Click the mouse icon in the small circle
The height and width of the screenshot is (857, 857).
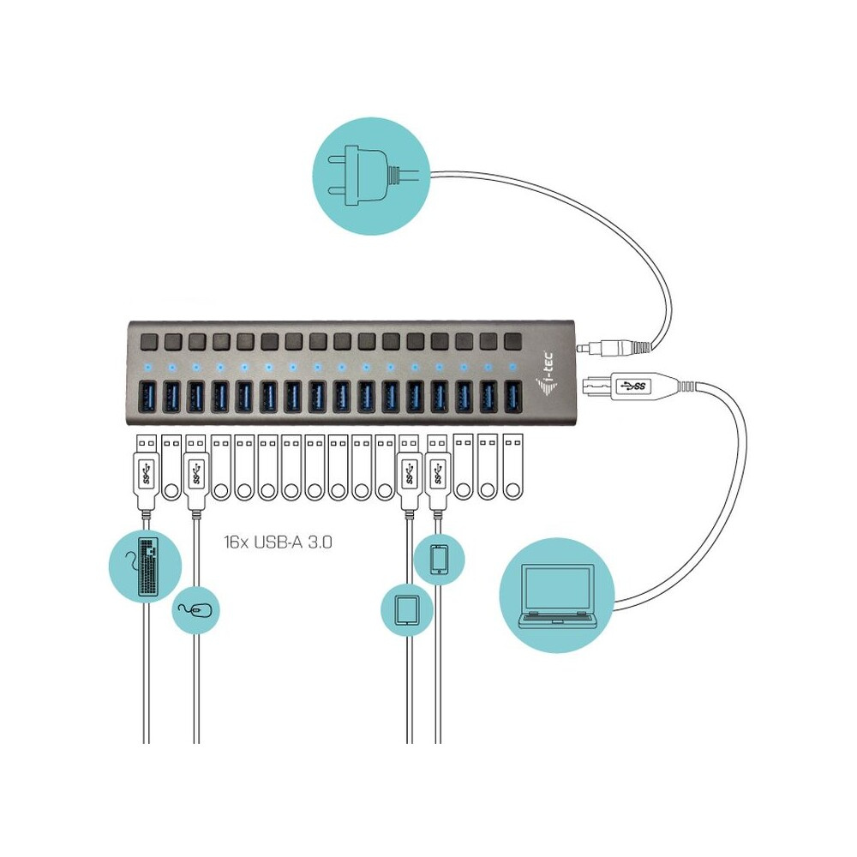tap(198, 609)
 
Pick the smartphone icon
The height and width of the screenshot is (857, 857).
tap(439, 559)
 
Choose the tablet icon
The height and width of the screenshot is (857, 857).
tap(405, 609)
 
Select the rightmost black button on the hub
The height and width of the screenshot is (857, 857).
tap(513, 341)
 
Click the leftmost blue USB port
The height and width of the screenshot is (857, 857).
tap(147, 397)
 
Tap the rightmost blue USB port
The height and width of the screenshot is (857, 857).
tap(513, 399)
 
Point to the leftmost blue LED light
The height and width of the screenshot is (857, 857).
tap(147, 367)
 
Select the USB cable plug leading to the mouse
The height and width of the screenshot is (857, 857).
tap(195, 471)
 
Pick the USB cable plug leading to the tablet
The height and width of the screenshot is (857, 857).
tap(407, 471)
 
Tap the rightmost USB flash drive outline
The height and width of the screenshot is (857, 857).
tap(512, 467)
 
